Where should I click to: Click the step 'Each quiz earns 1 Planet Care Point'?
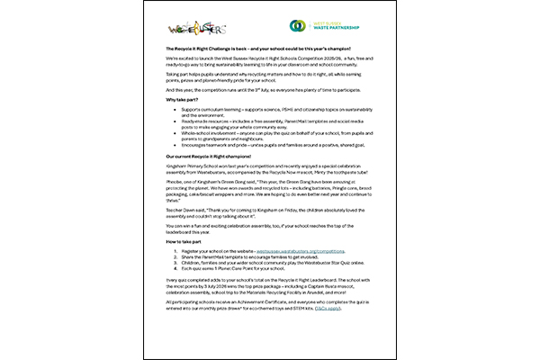tap(225, 269)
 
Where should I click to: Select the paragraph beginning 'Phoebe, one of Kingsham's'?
tap(270, 206)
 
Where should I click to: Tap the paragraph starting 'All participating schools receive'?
tap(270, 317)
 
